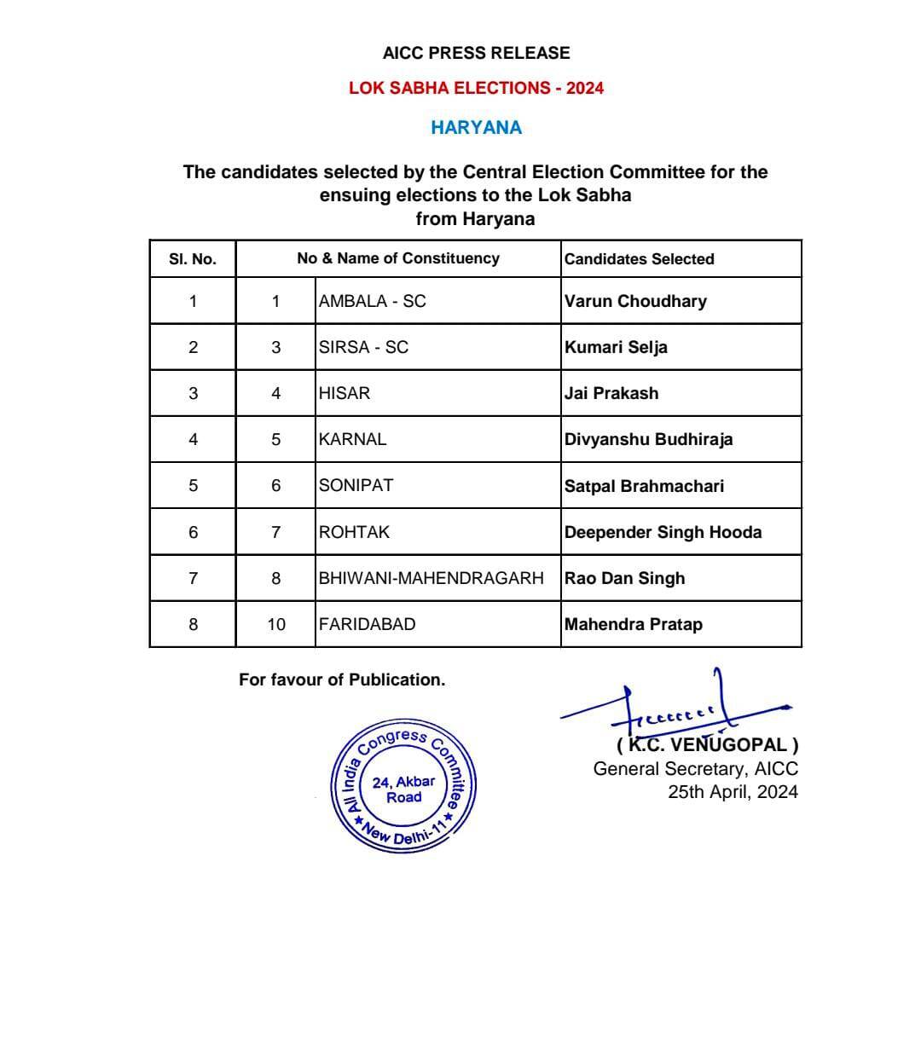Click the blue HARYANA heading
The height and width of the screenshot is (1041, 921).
476,128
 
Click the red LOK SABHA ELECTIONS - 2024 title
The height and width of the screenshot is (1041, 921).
476,88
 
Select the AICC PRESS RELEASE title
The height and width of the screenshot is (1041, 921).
476,53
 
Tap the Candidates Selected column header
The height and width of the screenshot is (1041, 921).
639,259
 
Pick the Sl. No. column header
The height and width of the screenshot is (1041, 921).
193,259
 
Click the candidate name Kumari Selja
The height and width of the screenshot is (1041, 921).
616,347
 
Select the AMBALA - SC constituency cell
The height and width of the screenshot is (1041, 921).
372,301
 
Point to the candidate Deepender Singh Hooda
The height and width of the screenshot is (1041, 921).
663,532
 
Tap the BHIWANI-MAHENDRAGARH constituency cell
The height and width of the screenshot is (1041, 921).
431,578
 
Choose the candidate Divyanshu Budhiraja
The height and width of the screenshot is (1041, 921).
648,440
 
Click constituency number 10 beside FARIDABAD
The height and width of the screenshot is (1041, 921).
276,624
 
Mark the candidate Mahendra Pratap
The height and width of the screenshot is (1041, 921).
633,624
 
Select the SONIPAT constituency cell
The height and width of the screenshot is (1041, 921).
356,485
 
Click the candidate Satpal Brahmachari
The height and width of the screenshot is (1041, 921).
644,486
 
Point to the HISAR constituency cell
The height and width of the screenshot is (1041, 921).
345,393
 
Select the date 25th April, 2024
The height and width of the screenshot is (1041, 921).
733,791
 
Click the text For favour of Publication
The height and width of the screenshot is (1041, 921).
342,680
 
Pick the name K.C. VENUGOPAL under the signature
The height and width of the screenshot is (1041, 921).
707,745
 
